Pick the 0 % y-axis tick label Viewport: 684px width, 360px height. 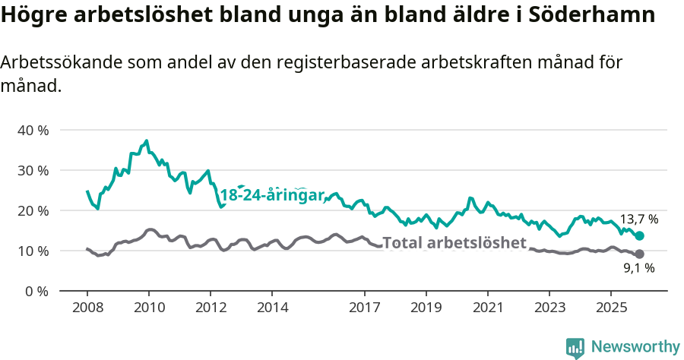36,291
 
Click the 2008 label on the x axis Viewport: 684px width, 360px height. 87,308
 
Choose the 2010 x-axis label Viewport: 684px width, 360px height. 149,308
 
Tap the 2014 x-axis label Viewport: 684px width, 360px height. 272,308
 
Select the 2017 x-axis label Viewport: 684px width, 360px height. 365,308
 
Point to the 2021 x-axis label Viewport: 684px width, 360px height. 488,308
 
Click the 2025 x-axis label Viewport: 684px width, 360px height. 611,308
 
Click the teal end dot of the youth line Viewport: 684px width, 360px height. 640,235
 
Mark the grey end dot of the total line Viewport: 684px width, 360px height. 640,254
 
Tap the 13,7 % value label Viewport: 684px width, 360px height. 639,219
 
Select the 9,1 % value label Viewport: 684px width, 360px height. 639,268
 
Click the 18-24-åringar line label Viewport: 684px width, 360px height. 272,194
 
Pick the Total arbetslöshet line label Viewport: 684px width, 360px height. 454,243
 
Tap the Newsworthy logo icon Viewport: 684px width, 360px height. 575,347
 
